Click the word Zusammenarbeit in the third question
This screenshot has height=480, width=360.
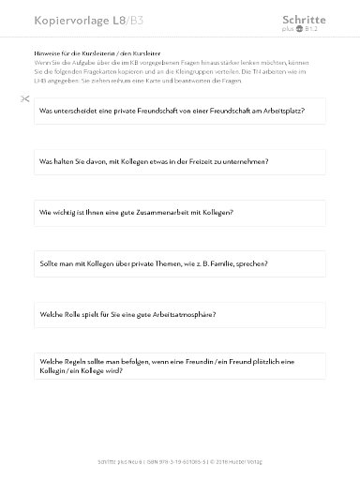coord(161,213)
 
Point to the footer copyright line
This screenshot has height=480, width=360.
coord(180,460)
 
